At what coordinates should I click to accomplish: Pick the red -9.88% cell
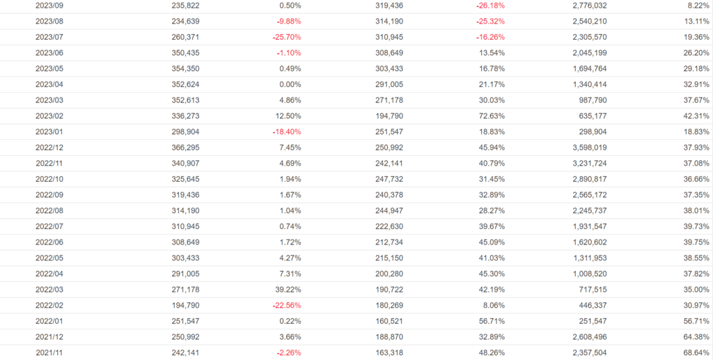pyautogui.click(x=286, y=21)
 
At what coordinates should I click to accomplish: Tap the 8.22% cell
pyautogui.click(x=697, y=5)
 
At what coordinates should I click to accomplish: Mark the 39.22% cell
pyautogui.click(x=286, y=290)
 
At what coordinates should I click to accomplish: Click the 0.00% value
pyautogui.click(x=288, y=84)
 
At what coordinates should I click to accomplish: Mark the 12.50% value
pyautogui.click(x=286, y=116)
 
